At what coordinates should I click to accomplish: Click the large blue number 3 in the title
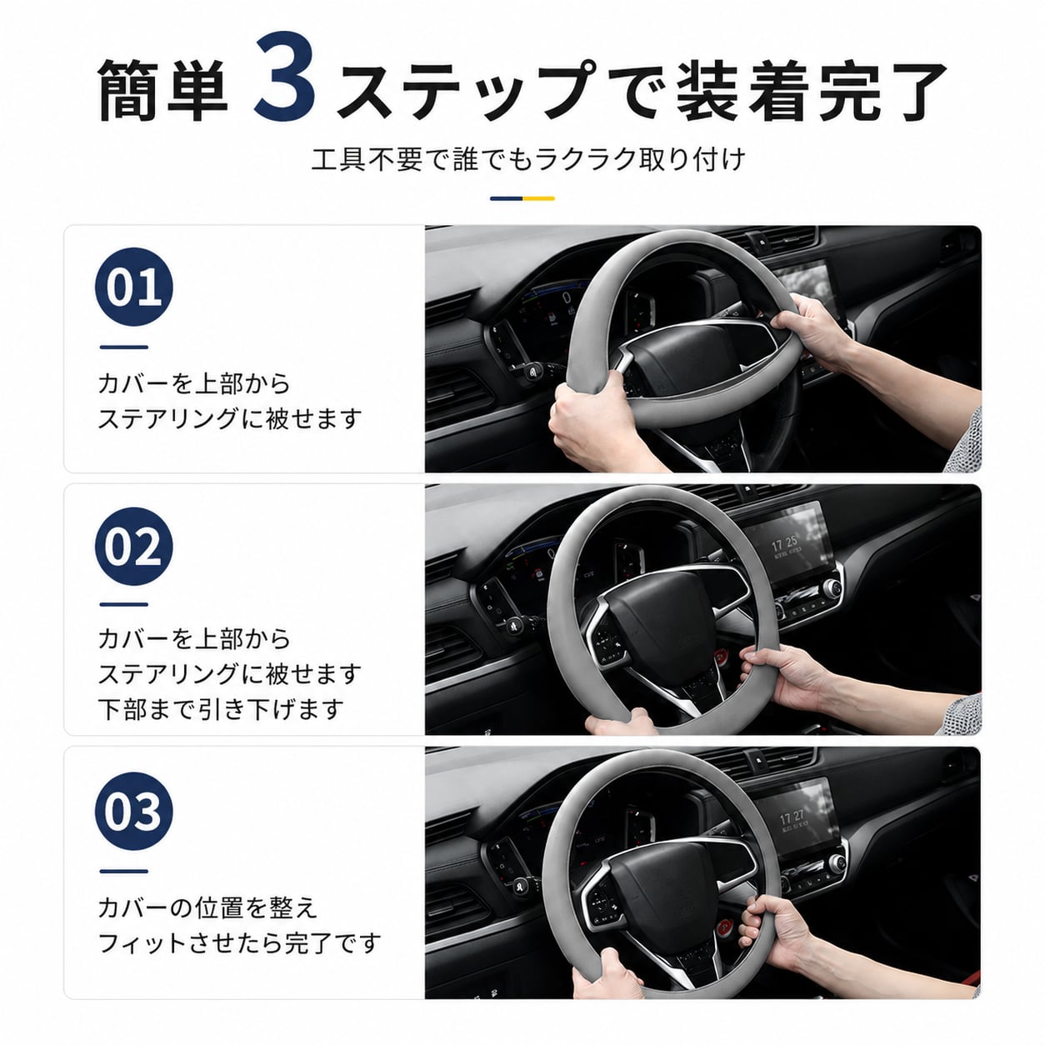pyautogui.click(x=285, y=77)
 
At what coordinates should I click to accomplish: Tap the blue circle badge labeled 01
pyautogui.click(x=134, y=287)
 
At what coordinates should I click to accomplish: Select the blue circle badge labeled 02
pyautogui.click(x=134, y=546)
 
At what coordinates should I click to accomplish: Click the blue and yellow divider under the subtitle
pyautogui.click(x=522, y=198)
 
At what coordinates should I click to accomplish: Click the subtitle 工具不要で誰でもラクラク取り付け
pyautogui.click(x=528, y=159)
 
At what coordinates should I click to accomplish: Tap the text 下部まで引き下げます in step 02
pyautogui.click(x=221, y=709)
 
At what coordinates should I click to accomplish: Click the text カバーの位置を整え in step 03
pyautogui.click(x=207, y=908)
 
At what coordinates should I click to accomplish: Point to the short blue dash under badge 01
pyautogui.click(x=123, y=347)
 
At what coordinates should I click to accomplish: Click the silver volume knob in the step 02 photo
pyautogui.click(x=831, y=587)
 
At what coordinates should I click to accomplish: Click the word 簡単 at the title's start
pyautogui.click(x=162, y=90)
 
